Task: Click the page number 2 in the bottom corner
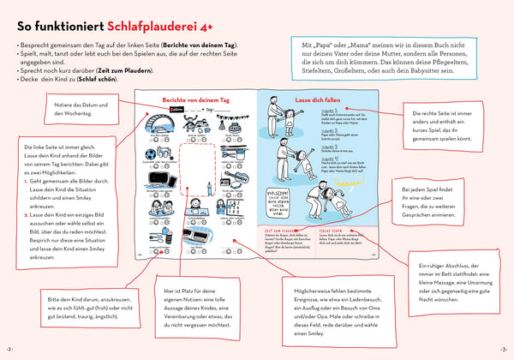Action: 9,351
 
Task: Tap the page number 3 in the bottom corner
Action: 504,351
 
